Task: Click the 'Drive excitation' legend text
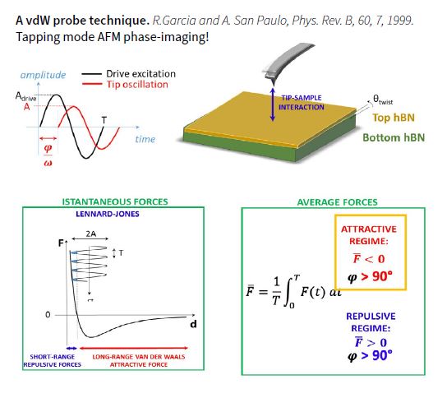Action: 141,74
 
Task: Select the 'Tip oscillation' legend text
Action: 137,85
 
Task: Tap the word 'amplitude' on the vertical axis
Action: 43,75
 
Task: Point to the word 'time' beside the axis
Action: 145,139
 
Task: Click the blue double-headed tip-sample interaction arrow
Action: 273,104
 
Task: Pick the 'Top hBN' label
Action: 394,118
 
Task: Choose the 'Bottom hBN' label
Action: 394,137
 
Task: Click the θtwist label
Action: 383,99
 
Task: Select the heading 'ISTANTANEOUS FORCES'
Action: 115,201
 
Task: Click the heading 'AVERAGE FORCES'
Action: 337,202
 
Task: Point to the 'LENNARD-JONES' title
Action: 108,214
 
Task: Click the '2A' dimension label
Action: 91,234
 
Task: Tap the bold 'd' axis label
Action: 193,324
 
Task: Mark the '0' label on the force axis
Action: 48,315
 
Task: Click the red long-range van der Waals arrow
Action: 134,348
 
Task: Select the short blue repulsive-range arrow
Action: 71,349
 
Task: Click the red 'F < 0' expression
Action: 369,259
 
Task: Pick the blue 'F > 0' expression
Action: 371,342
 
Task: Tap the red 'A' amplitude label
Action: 27,107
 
